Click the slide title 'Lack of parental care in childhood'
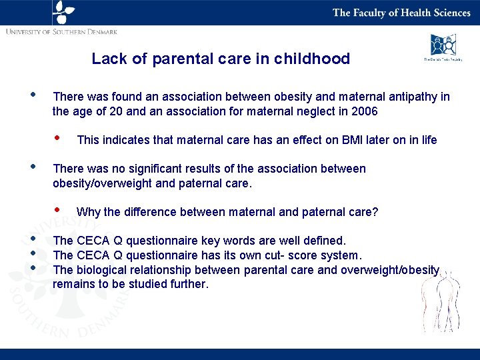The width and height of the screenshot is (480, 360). click(221, 59)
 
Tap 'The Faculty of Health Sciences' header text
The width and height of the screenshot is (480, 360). click(401, 13)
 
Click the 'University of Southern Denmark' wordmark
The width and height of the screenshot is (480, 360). click(61, 31)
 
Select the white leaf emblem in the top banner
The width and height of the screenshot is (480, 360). click(63, 12)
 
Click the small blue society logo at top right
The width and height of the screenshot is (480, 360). click(443, 46)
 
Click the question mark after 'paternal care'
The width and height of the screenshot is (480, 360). click(375, 212)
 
